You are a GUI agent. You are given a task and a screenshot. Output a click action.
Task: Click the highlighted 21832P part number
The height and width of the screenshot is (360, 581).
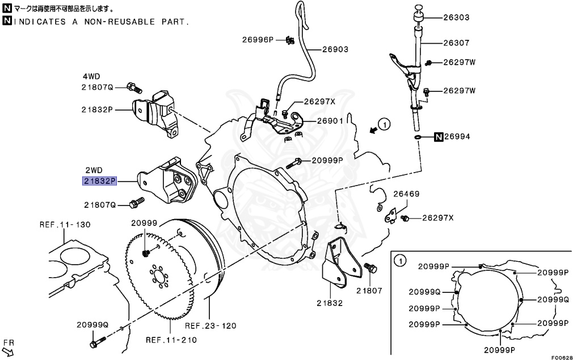(98, 181)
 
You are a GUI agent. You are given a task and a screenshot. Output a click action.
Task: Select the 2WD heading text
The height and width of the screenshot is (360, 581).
(94, 170)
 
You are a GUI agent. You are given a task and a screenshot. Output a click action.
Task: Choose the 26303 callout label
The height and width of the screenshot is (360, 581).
(456, 18)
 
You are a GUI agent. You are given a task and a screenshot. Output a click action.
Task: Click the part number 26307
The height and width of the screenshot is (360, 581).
(456, 43)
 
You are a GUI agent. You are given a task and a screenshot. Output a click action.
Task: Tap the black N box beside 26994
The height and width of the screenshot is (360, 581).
(439, 137)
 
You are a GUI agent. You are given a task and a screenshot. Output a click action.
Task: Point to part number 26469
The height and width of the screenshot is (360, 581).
(407, 194)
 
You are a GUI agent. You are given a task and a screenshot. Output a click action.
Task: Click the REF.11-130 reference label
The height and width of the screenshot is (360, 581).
(65, 224)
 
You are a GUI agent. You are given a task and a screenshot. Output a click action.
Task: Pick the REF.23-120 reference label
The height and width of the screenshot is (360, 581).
(210, 326)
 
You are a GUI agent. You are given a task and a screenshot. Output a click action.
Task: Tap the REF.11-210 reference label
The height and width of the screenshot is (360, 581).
(171, 340)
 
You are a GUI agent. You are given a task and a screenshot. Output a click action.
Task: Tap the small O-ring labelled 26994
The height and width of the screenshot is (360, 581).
(418, 137)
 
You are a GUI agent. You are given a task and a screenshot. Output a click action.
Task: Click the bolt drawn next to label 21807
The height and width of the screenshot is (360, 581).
(369, 267)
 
